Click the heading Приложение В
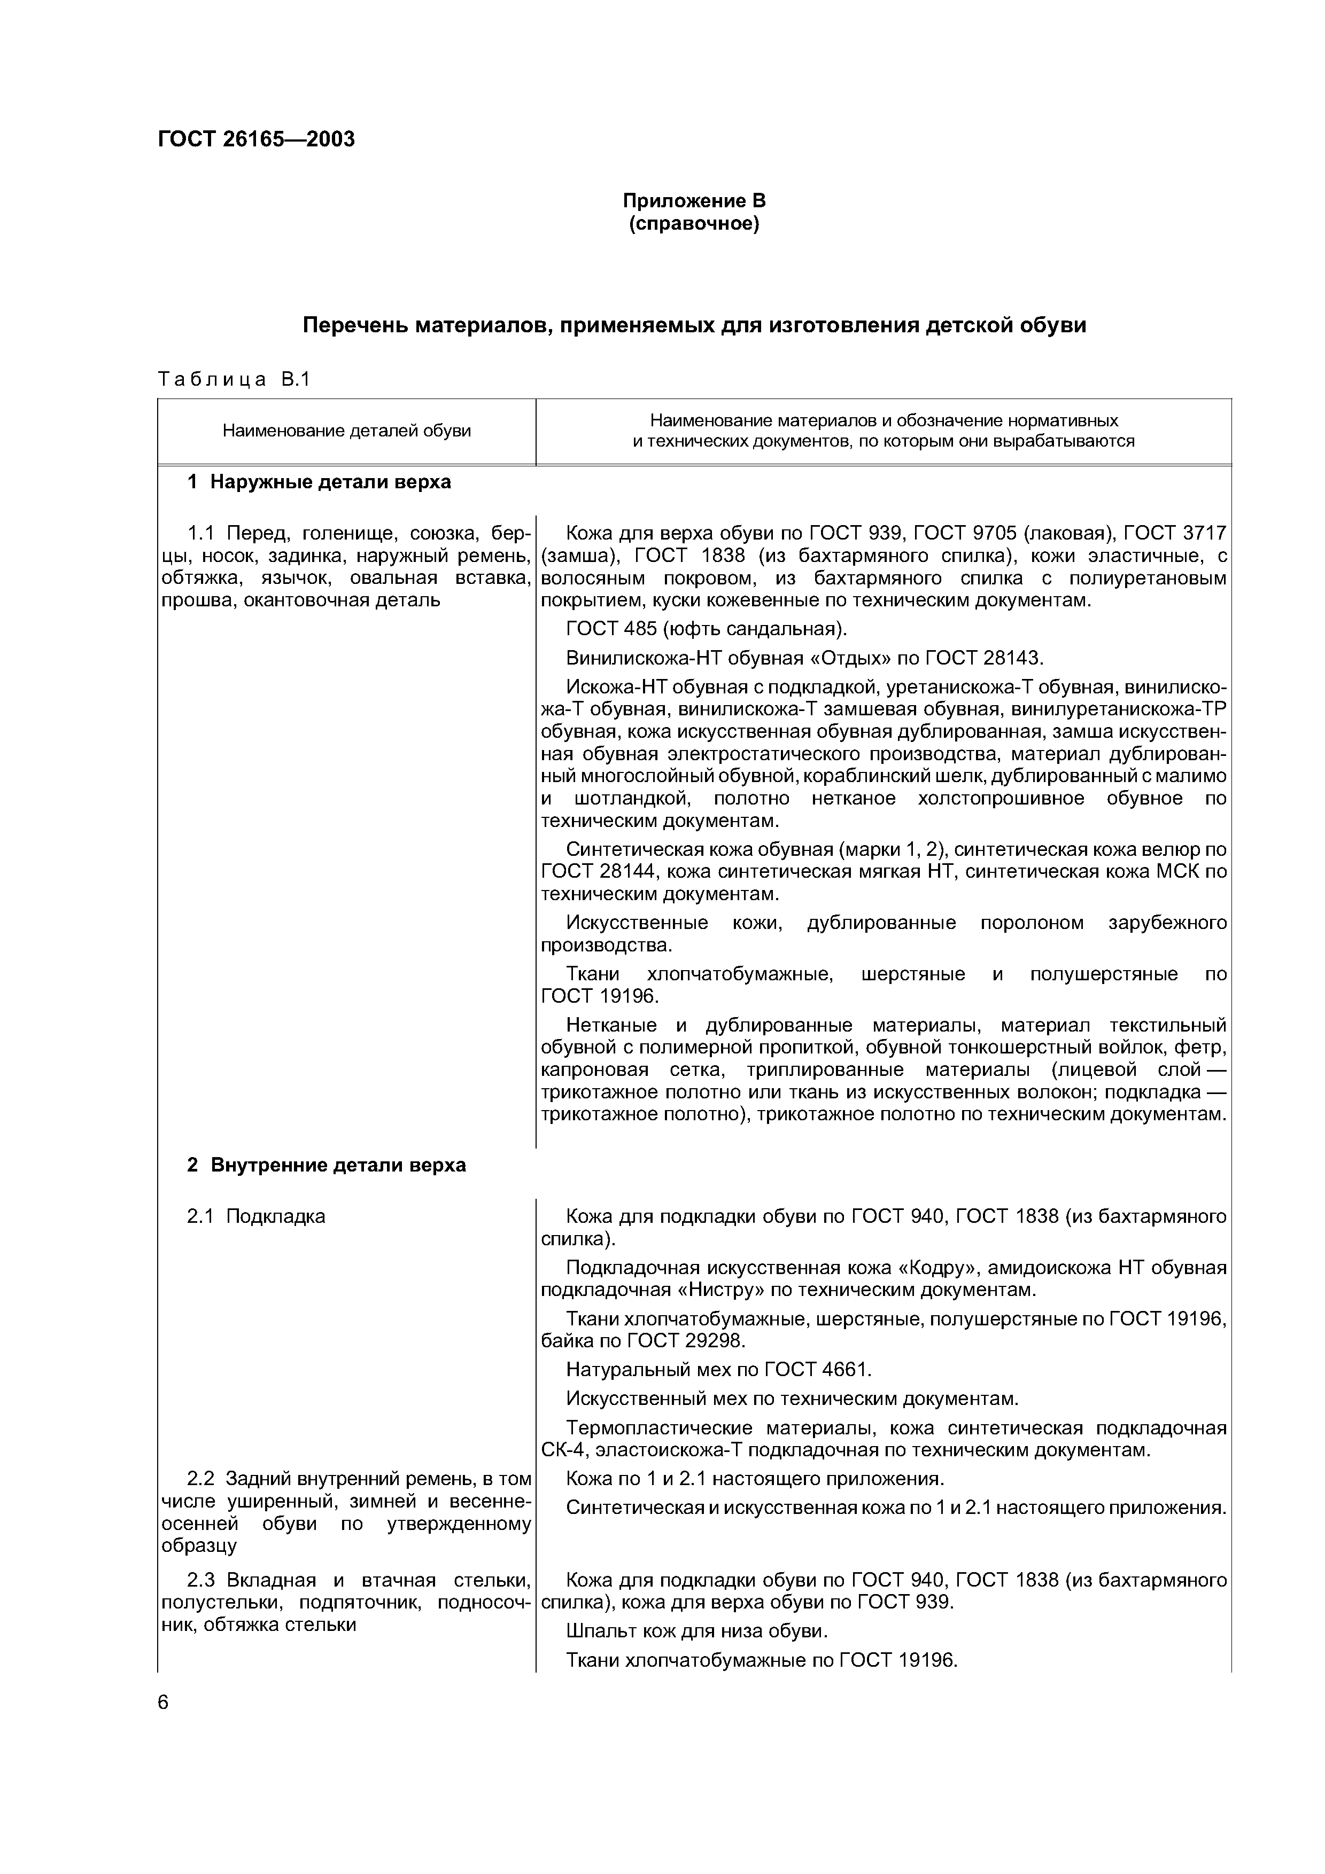(x=694, y=201)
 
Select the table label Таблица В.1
(x=234, y=379)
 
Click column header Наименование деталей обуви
(x=347, y=431)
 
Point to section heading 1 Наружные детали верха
(x=319, y=482)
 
